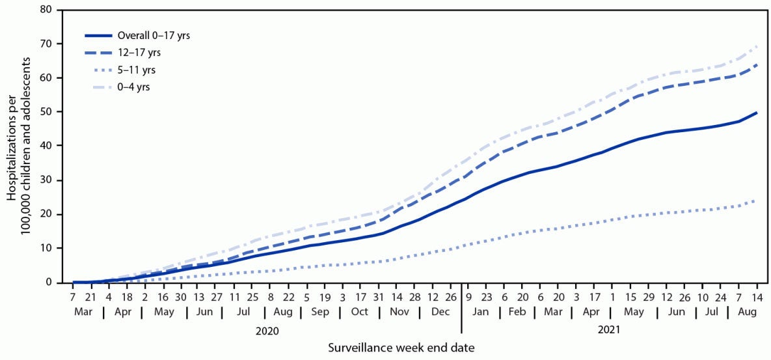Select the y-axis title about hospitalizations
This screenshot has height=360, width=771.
pos(20,146)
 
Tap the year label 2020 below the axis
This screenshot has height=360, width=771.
pos(267,331)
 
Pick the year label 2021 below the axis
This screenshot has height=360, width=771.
pos(608,331)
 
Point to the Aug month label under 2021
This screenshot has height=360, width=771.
pos(748,312)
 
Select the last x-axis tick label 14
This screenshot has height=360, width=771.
pos(757,296)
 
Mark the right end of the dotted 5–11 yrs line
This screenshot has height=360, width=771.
pos(757,200)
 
